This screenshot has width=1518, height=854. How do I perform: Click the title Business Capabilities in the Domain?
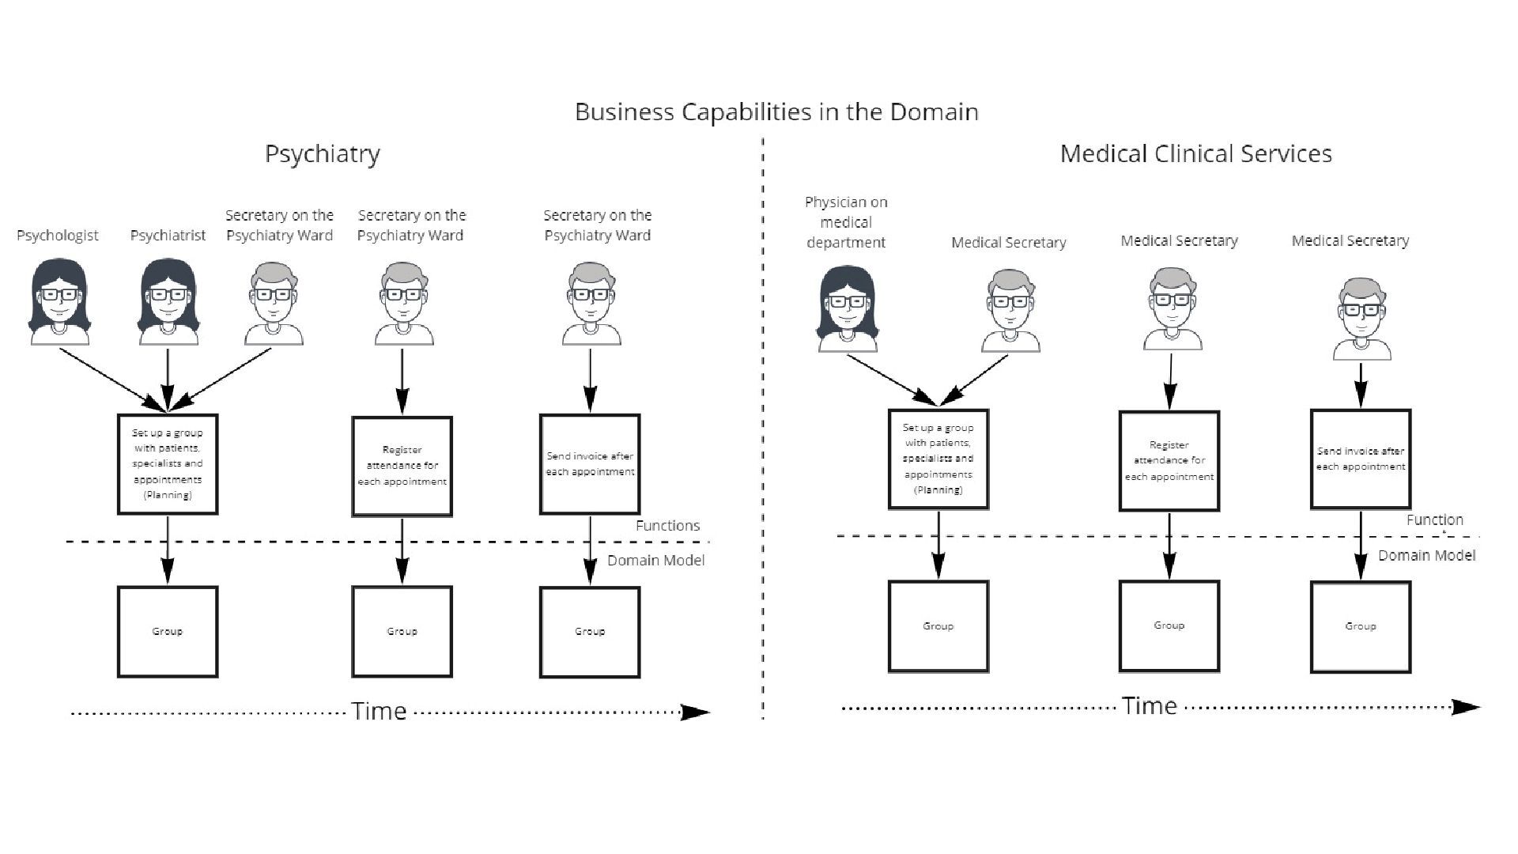pyautogui.click(x=776, y=112)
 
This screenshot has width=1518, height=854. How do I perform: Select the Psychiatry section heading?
pyautogui.click(x=322, y=154)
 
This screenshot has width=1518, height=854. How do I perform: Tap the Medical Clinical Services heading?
pyautogui.click(x=1195, y=153)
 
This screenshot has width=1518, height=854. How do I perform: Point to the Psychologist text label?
pyautogui.click(x=58, y=236)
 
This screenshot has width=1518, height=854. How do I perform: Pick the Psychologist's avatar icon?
pyautogui.click(x=59, y=302)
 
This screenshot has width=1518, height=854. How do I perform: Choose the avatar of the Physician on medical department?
pyautogui.click(x=847, y=308)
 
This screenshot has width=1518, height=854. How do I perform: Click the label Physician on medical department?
pyautogui.click(x=846, y=222)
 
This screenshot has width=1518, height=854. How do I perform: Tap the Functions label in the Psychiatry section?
pyautogui.click(x=667, y=526)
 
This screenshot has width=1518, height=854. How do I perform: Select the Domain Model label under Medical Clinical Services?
pyautogui.click(x=1426, y=556)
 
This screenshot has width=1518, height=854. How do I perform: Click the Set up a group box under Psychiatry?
pyautogui.click(x=168, y=464)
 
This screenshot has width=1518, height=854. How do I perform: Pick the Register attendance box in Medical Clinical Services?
pyautogui.click(x=1169, y=461)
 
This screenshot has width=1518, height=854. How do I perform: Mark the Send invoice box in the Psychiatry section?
pyautogui.click(x=590, y=464)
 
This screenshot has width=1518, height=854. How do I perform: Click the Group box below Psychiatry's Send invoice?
pyautogui.click(x=590, y=632)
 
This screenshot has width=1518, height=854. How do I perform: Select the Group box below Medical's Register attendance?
pyautogui.click(x=1169, y=626)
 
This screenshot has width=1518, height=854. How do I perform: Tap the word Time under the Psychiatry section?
pyautogui.click(x=379, y=712)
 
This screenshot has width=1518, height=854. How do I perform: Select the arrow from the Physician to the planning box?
pyautogui.click(x=889, y=377)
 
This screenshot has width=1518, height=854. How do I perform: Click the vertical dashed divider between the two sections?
pyautogui.click(x=763, y=427)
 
